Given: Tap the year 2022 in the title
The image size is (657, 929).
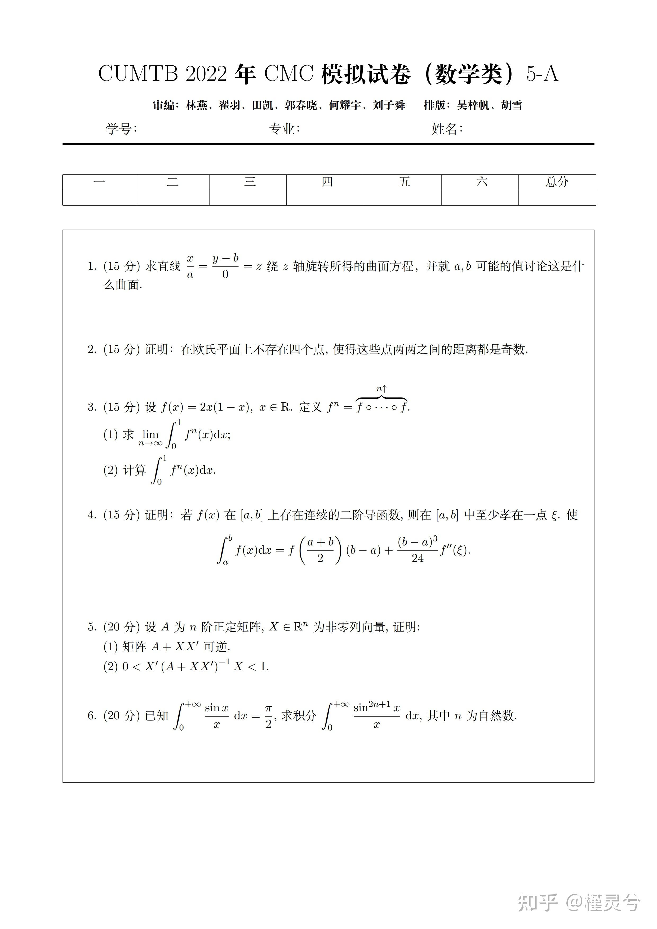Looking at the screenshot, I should click(206, 74).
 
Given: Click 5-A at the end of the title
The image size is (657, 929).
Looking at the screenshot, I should click(542, 74).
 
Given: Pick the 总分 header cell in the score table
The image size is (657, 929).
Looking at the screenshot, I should click(557, 182).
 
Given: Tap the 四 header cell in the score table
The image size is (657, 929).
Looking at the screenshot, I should click(327, 182).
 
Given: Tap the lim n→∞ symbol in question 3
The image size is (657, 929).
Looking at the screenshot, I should click(150, 437).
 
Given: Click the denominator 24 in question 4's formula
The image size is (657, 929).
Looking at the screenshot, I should click(418, 558).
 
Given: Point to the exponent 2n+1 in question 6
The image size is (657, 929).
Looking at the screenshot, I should click(379, 704).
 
